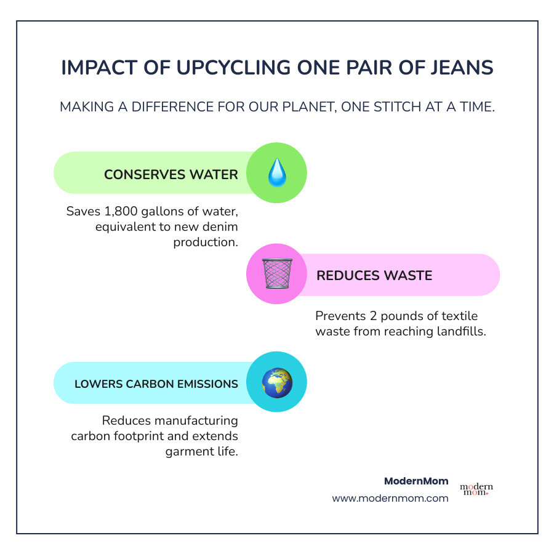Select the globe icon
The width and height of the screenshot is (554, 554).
click(276, 382)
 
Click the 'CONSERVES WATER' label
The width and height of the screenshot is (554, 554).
click(171, 175)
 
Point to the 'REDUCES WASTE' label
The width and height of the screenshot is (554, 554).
click(374, 275)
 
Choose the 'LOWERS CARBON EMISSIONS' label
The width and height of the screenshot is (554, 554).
click(156, 384)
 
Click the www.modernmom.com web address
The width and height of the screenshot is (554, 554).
click(390, 499)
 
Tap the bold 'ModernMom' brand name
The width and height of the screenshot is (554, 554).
click(416, 481)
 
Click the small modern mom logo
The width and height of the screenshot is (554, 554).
click(476, 489)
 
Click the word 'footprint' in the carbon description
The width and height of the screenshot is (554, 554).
click(161, 436)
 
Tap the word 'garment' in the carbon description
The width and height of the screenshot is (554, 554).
click(189, 451)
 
